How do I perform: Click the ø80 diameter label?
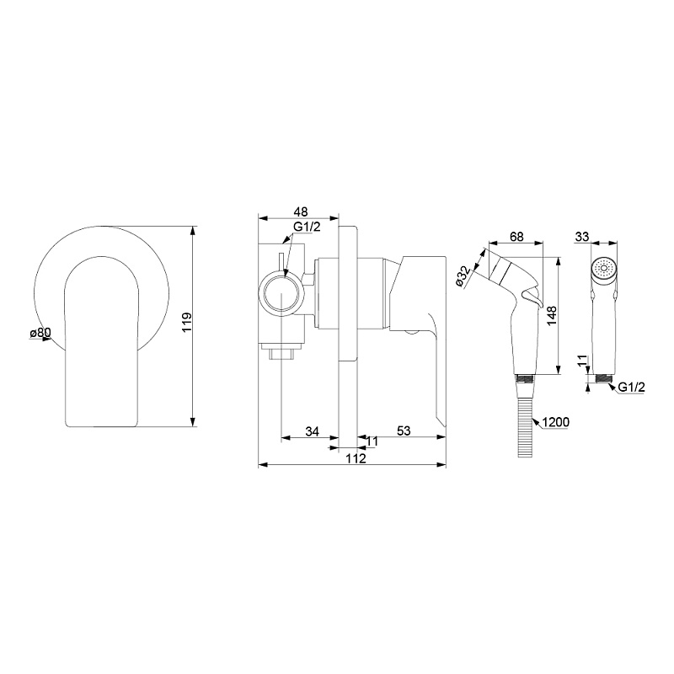click(40, 332)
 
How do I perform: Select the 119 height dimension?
click(186, 323)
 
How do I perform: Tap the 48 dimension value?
click(301, 212)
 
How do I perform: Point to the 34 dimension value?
click(312, 431)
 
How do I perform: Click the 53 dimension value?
click(404, 431)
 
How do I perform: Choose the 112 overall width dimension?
click(356, 458)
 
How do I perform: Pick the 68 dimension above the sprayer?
click(516, 237)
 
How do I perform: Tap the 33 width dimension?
click(582, 237)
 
